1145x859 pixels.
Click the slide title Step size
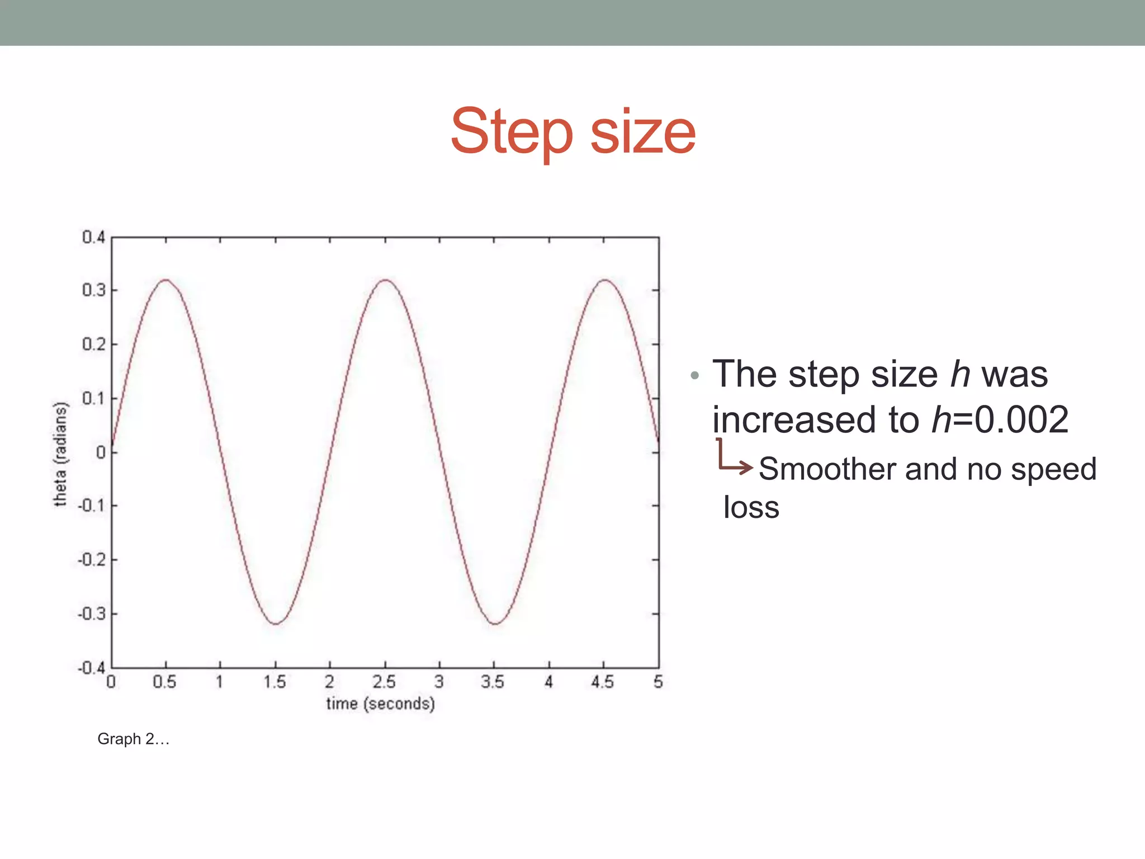pyautogui.click(x=572, y=132)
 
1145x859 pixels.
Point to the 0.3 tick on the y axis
pyautogui.click(x=93, y=290)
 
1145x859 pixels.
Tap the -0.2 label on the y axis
pyautogui.click(x=91, y=560)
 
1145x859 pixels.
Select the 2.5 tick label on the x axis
pyautogui.click(x=384, y=682)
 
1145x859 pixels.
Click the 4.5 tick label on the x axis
pyautogui.click(x=603, y=682)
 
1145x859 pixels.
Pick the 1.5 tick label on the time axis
pyautogui.click(x=275, y=682)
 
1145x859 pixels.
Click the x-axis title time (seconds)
pyautogui.click(x=380, y=704)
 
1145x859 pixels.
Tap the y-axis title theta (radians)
pyautogui.click(x=60, y=454)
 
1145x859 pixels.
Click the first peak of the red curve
pyautogui.click(x=165, y=280)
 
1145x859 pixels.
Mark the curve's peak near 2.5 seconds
pyautogui.click(x=385, y=280)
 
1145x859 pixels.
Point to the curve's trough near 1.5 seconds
pyautogui.click(x=276, y=624)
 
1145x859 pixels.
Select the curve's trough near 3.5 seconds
pyautogui.click(x=495, y=624)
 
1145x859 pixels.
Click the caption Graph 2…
pyautogui.click(x=133, y=739)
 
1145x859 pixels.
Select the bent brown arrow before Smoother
pyautogui.click(x=734, y=459)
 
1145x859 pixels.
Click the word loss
pyautogui.click(x=751, y=507)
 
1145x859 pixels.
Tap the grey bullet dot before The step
pyautogui.click(x=694, y=375)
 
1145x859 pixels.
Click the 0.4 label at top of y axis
pyautogui.click(x=93, y=237)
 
